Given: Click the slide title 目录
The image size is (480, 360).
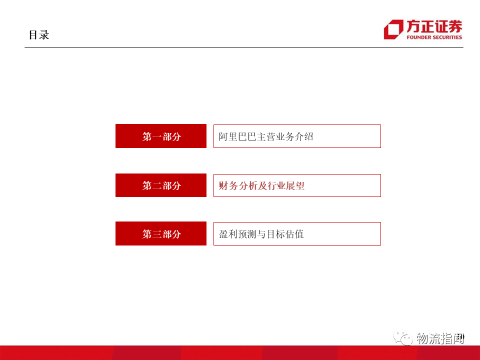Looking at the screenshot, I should click(38, 35).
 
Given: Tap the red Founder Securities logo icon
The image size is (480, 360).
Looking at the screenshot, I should click(393, 29).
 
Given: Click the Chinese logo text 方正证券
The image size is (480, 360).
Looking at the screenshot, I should click(434, 26).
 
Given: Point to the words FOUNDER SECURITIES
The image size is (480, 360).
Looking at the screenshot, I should click(434, 37).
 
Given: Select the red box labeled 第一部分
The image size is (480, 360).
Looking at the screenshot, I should click(161, 136).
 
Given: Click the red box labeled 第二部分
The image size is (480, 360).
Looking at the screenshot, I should click(161, 185).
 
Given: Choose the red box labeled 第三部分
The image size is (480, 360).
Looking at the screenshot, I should click(161, 233).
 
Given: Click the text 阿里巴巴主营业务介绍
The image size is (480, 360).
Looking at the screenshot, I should click(266, 136).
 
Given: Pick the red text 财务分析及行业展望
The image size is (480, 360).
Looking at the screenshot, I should click(261, 186).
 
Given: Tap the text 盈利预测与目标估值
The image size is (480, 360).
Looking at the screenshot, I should click(261, 234).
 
